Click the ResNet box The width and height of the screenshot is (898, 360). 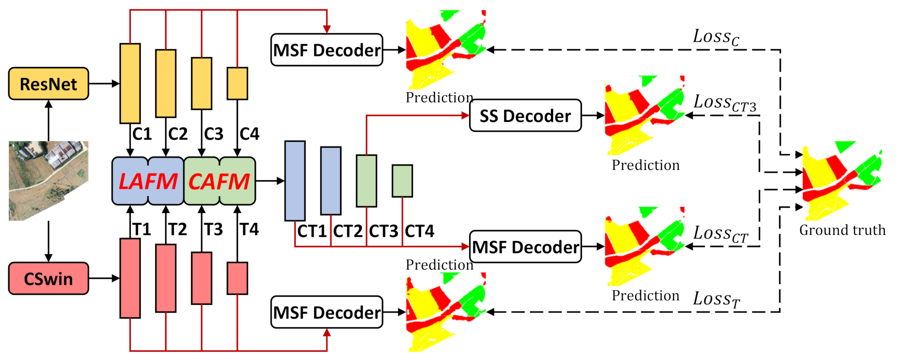coord(49,84)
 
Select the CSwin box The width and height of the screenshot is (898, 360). coord(49,279)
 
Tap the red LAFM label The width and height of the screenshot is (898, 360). coord(148,182)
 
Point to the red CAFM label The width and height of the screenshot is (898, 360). coord(219,182)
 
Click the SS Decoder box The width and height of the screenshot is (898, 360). coord(525,116)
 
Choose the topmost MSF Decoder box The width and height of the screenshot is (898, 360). coord(327,50)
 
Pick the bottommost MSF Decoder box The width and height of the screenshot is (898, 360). coord(327,312)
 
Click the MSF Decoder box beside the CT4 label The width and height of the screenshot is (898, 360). coord(525,247)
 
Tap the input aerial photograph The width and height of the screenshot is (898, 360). coord(49,181)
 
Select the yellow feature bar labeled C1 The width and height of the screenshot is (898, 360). coord(130,83)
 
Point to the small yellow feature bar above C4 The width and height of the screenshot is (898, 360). coord(237,83)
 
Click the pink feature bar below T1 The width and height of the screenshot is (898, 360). coord(130,278)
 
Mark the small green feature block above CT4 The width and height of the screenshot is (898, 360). coord(402,181)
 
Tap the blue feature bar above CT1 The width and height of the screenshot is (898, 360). coord(295,181)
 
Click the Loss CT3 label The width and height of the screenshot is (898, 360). coord(725,103)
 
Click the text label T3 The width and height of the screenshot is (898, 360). coord(213,229)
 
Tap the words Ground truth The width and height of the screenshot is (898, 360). coord(842,230)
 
